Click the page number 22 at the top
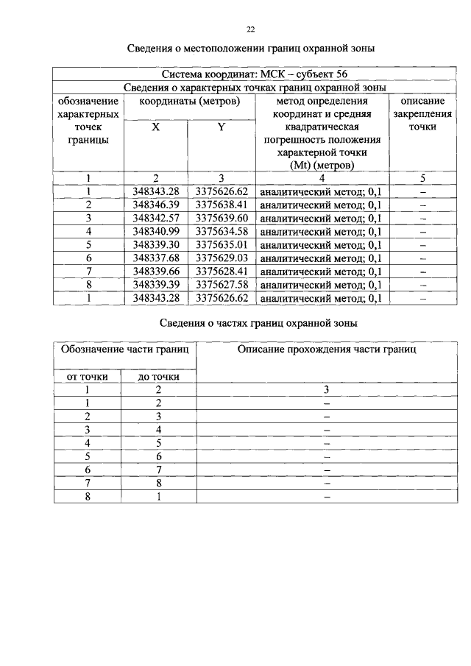[x=251, y=29]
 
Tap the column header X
[x=155, y=127]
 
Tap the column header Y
[x=221, y=127]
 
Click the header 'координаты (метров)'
[x=188, y=101]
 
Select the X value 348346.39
[x=155, y=205]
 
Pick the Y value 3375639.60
[x=222, y=218]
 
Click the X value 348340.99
[x=155, y=231]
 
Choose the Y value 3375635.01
[x=222, y=244]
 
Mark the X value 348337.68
[x=155, y=258]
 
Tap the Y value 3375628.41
[x=222, y=271]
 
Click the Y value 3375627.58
[x=222, y=284]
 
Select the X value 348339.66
[x=155, y=271]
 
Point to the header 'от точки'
[x=88, y=376]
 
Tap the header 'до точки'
[x=158, y=376]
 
